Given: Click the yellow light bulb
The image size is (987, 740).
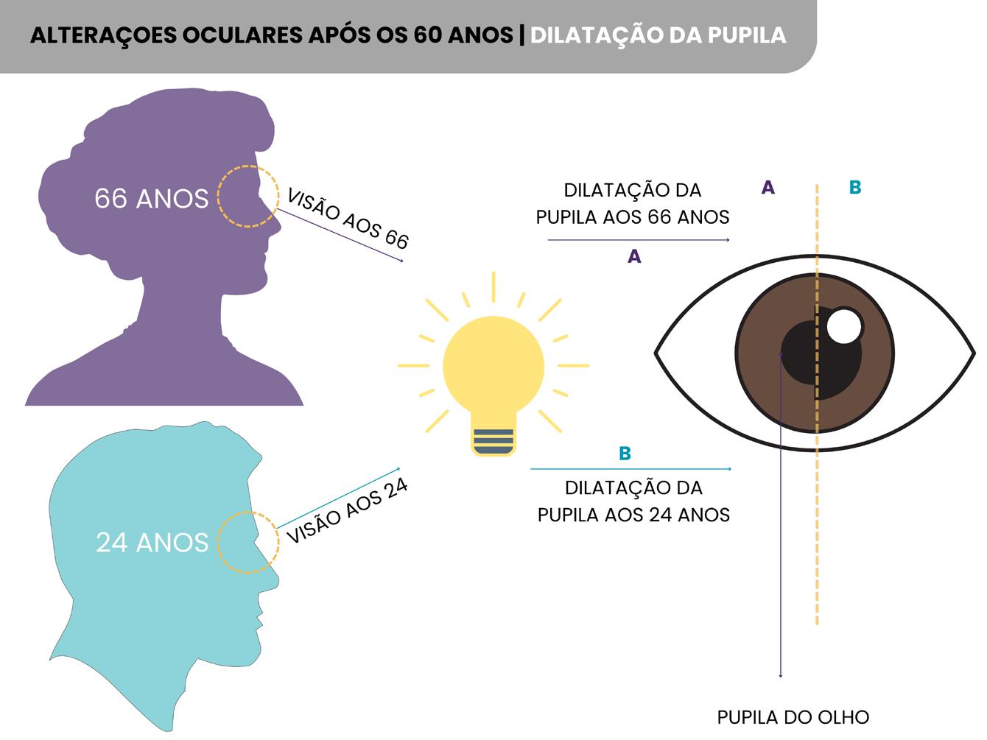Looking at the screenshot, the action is pos(493,368).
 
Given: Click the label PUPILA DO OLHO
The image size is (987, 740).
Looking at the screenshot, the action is pos(793,716).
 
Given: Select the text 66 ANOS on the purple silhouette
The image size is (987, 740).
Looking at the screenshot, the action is pos(152,199).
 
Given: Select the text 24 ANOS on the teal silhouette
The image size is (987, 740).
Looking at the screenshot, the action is pos(152,543).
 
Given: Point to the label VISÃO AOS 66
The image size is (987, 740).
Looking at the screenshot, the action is pos(347,219).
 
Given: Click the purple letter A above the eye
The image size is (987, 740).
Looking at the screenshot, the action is pos(768,188).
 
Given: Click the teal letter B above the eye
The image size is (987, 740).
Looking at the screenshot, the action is pos(854,188).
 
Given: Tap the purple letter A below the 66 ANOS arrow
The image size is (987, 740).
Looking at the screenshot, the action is pos(634,257).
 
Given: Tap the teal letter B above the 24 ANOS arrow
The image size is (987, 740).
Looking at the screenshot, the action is pos(625,454).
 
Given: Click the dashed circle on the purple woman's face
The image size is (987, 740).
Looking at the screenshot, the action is pos(248,196).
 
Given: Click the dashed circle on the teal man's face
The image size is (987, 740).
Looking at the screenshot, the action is pos(248,543).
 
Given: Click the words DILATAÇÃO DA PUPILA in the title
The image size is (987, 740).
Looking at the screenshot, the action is pos(658,35).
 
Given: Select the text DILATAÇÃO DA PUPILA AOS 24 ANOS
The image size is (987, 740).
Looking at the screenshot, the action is pos(633,501).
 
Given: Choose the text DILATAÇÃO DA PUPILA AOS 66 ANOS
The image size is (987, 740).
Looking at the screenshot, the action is pos(633,203).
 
